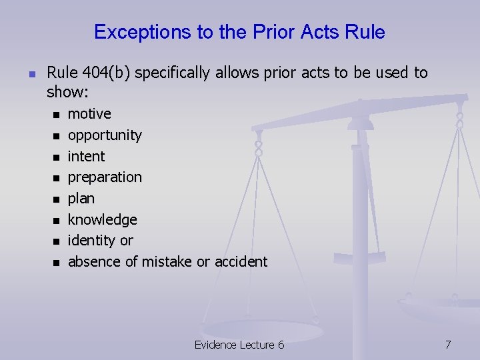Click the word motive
coord(89,113)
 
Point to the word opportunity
coord(105,135)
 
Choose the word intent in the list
coord(86,156)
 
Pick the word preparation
coord(105,177)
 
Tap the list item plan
coord(81,199)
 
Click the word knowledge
coord(102,219)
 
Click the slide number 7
coord(448,345)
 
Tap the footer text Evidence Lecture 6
coord(239,345)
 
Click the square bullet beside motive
coord(57,115)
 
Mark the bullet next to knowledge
coord(57,221)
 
